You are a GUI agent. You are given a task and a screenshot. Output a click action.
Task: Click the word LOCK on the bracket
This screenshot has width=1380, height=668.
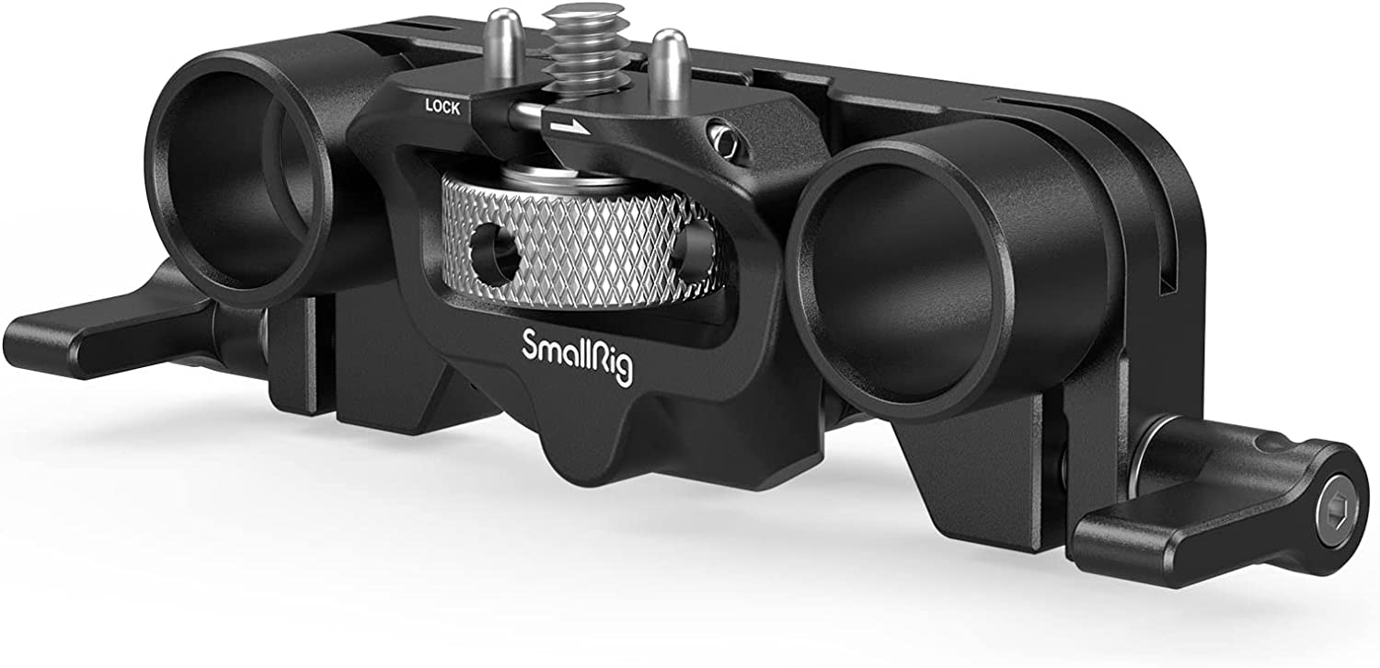(x=443, y=107)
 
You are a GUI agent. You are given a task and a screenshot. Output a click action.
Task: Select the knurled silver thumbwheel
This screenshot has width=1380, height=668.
(x=579, y=244)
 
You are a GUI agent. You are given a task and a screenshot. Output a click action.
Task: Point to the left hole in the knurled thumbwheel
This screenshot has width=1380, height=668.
(x=494, y=251)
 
